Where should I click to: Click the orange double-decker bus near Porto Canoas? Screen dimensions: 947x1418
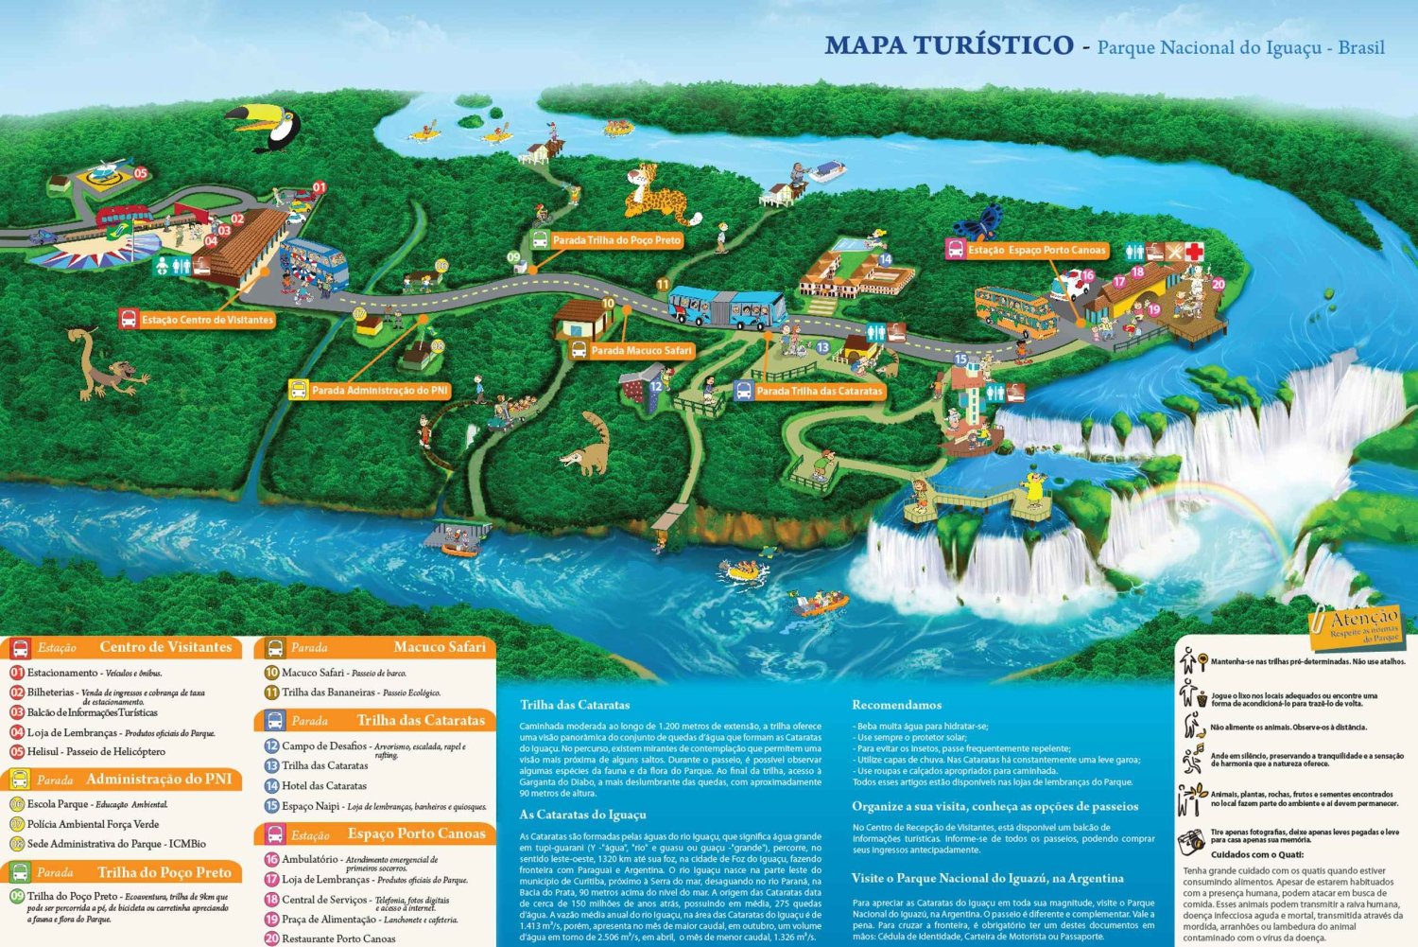[1016, 311]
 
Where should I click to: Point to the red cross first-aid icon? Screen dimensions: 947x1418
[1195, 251]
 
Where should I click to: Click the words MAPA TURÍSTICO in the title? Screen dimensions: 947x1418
[948, 45]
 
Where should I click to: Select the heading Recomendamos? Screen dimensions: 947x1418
[896, 705]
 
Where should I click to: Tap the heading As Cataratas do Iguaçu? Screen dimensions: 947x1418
[582, 815]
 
